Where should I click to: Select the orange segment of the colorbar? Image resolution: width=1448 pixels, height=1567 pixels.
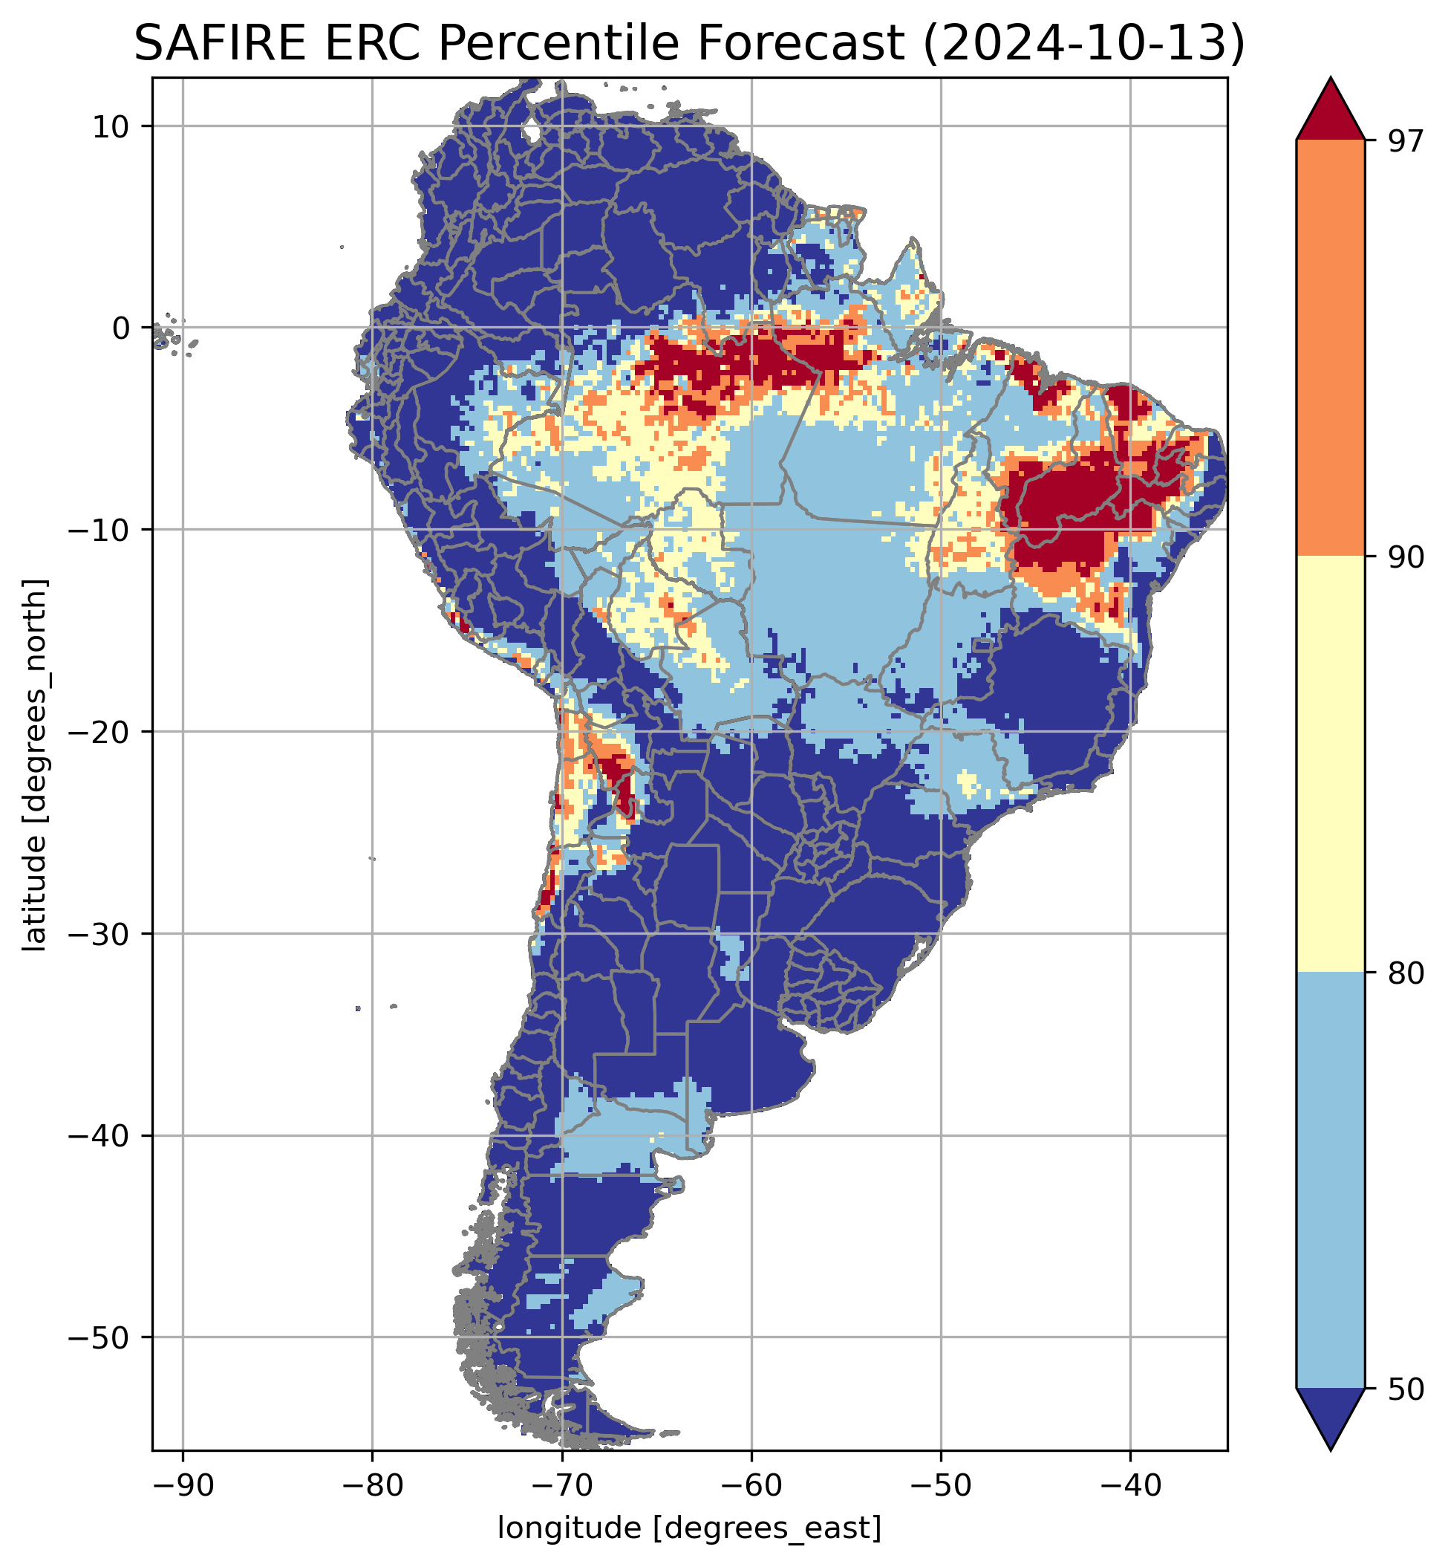[1331, 348]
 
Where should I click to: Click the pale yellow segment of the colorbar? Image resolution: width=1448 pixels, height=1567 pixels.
[1331, 765]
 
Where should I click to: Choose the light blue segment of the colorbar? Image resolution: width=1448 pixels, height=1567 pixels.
[1331, 1180]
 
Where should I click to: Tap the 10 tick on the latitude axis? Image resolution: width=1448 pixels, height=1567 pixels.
[111, 126]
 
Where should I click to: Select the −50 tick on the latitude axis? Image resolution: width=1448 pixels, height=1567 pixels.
[99, 1338]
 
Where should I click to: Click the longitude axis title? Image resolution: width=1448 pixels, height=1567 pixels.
[690, 1528]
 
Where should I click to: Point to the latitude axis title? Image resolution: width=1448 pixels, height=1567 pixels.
[35, 765]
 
